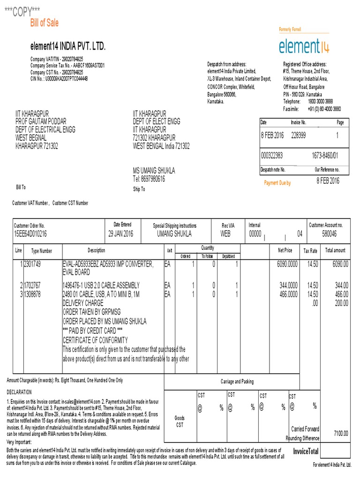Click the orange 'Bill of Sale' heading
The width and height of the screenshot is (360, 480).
tap(45, 23)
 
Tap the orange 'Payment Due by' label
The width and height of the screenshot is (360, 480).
tap(277, 183)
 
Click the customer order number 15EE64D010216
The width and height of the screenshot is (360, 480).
tap(30, 233)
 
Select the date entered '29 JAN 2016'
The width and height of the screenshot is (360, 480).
tap(120, 233)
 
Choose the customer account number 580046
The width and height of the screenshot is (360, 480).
tap(330, 233)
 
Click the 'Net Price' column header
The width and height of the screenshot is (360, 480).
tap(285, 250)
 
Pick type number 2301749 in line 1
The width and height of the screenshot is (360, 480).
tap(33, 264)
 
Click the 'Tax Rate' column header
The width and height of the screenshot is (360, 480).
tap(310, 251)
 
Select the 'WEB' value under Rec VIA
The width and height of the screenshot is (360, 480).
tap(225, 233)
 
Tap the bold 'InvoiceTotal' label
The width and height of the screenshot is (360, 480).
tap(306, 451)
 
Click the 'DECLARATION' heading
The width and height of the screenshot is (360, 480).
tap(19, 391)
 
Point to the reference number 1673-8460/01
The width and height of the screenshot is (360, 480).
tap(325, 155)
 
